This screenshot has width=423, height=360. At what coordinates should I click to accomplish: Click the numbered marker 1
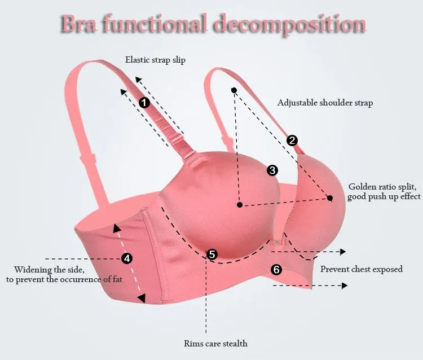pos(144,103)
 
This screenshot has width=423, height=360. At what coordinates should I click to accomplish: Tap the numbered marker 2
pos(292,141)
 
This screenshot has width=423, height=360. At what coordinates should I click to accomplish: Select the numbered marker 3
pos(272,169)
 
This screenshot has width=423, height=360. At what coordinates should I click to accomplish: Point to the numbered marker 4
pos(127,258)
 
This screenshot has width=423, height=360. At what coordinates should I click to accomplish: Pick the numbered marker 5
pos(212,254)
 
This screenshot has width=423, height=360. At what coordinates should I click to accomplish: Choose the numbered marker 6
pos(276,269)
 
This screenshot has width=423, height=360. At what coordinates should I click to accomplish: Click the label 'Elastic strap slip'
pos(155,59)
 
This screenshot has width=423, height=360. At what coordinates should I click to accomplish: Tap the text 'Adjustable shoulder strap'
pos(325,103)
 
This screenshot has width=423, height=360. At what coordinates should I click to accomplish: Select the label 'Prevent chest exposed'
pos(362,269)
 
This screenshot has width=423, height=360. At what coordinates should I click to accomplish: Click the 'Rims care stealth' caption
pos(215,343)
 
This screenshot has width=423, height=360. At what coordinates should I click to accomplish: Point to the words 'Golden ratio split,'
pos(385,186)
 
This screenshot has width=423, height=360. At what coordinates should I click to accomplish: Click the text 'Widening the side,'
pos(49,269)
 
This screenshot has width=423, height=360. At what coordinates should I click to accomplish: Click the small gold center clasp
pos(277,240)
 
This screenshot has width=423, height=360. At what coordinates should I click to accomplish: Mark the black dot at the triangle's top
pos(233,90)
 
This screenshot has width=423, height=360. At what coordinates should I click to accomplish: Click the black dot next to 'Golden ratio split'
pos(330,197)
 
